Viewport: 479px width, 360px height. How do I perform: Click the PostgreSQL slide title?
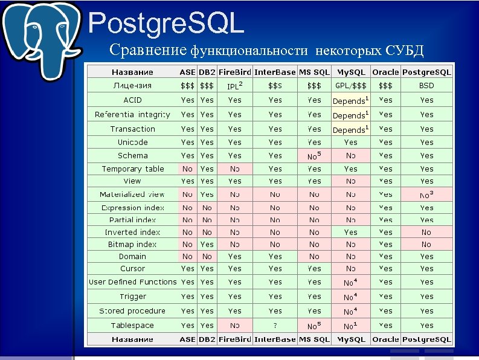[166, 24]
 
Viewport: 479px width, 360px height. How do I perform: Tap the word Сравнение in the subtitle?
[148, 50]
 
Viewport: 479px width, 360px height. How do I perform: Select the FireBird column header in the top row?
[234, 72]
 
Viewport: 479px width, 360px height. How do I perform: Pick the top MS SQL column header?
[314, 72]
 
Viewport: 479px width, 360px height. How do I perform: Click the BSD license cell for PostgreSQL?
[426, 86]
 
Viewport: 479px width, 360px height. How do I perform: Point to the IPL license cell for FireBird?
[234, 86]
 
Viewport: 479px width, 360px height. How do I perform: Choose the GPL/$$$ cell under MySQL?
[350, 86]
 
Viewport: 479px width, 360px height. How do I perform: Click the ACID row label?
[132, 100]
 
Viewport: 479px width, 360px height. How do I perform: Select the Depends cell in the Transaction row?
[350, 129]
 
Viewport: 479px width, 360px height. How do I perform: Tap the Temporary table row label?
[132, 169]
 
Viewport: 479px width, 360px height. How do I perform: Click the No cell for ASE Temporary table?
[187, 169]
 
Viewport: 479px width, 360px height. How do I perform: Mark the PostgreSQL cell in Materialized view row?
[426, 194]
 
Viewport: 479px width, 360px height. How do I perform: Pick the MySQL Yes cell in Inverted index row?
[350, 232]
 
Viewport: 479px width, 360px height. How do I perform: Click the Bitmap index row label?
[132, 245]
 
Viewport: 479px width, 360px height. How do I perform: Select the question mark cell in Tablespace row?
[275, 326]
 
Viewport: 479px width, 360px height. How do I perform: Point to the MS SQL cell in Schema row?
[314, 156]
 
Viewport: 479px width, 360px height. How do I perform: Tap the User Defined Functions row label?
[132, 282]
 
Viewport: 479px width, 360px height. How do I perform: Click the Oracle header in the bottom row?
[385, 339]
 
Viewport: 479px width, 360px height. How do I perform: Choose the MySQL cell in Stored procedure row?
[350, 311]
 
